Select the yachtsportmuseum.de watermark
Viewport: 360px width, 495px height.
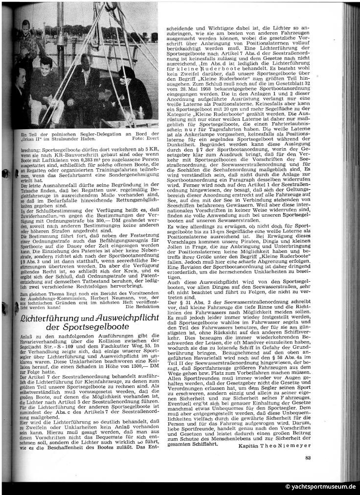pos(320,487)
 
